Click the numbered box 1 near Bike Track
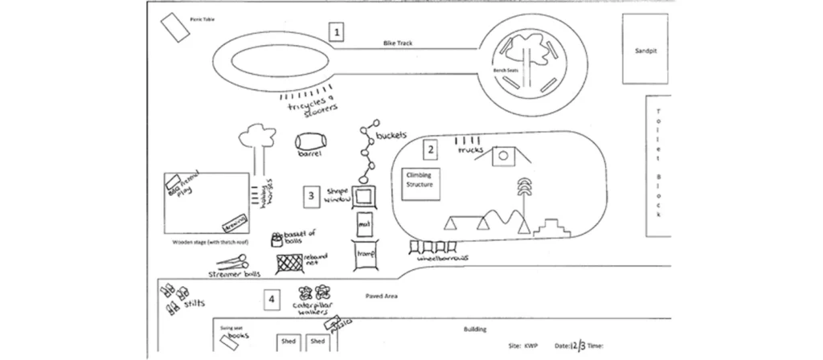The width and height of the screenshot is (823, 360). (338, 32)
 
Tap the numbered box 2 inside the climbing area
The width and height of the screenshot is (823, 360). (431, 149)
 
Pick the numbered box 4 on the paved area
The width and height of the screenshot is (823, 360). (272, 301)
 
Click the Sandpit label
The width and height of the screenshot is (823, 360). (646, 48)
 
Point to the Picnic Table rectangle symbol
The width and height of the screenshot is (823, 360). (172, 29)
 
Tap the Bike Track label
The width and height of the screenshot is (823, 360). (398, 43)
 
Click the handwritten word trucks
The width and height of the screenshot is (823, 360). (470, 150)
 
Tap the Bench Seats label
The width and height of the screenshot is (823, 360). (506, 71)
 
